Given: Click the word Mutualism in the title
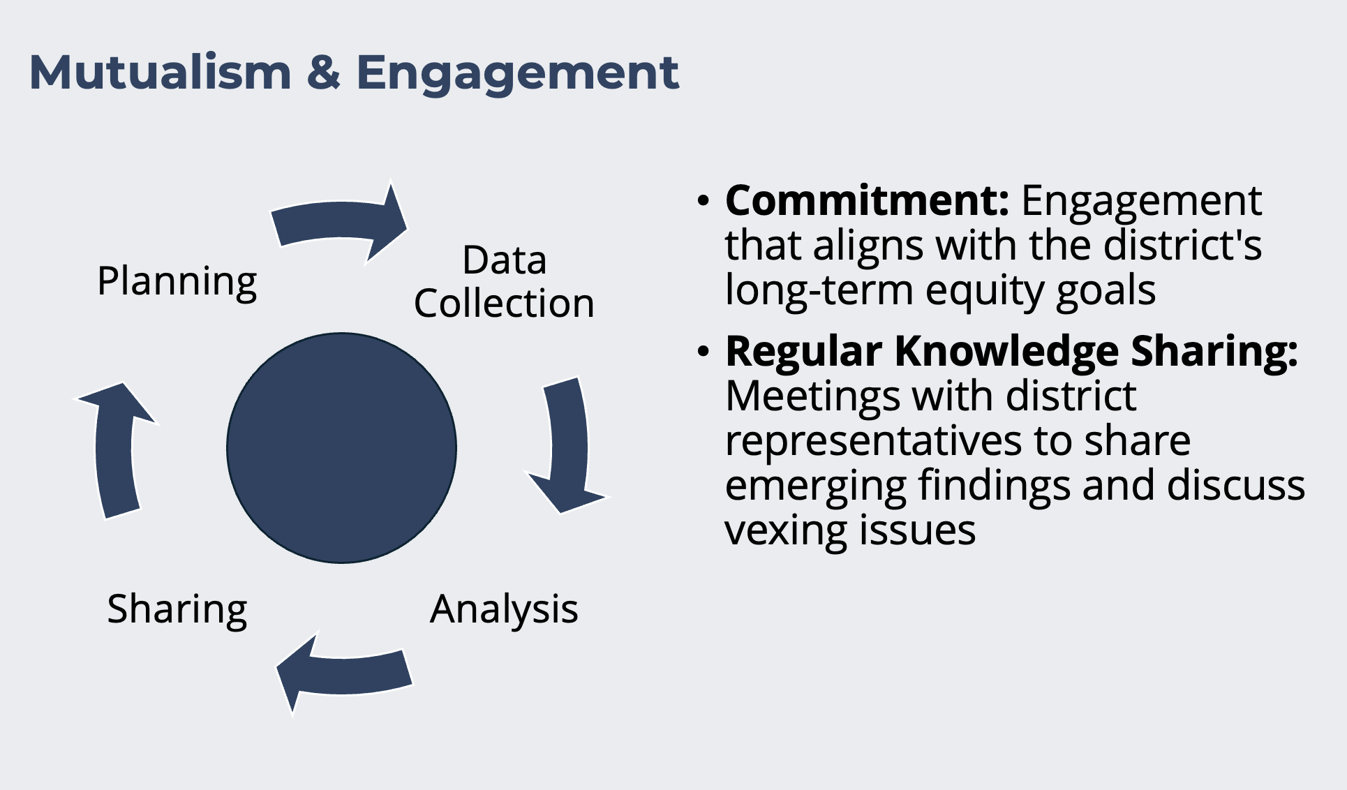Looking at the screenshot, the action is [x=161, y=73].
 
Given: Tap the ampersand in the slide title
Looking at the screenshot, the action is [x=323, y=73].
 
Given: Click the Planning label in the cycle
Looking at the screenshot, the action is [x=177, y=282].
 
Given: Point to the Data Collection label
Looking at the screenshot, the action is [x=504, y=282].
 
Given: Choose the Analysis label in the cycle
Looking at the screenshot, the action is [x=504, y=610].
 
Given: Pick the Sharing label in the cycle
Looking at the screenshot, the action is [x=177, y=610].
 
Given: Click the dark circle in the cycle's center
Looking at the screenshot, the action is [x=342, y=448].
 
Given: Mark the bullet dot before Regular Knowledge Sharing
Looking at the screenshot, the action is [x=704, y=352].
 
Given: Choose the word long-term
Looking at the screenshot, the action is [x=819, y=290].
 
